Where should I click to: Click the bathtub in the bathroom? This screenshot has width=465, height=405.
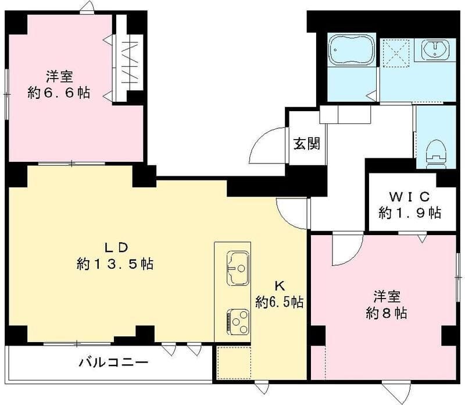tap(352, 51)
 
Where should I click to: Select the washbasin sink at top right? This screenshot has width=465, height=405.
tap(435, 51)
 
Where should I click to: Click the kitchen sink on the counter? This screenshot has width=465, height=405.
tap(237, 268)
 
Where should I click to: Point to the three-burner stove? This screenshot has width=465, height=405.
tap(238, 319)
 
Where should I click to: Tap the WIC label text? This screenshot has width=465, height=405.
tap(409, 196)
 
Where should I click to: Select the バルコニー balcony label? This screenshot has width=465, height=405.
tap(114, 363)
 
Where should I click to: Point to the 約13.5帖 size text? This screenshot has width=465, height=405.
tap(115, 264)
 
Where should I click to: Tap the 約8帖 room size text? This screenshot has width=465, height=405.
tap(386, 312)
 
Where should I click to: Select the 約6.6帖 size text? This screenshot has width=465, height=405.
tap(59, 93)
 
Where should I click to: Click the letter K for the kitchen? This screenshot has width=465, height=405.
tap(279, 286)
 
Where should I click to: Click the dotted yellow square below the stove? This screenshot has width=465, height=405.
tap(233, 363)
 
